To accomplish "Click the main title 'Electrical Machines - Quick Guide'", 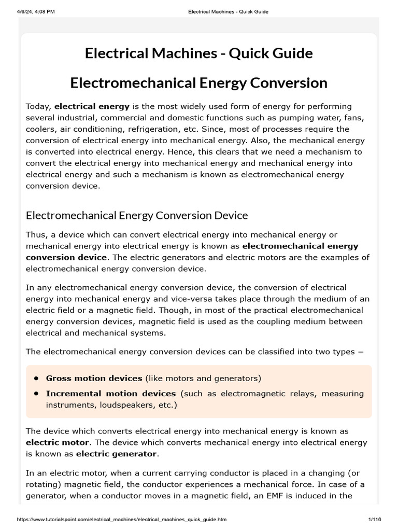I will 198,54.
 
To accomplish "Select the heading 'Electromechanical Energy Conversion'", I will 198,82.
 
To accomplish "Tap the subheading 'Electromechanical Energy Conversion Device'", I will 137,215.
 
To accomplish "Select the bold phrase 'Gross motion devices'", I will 94,378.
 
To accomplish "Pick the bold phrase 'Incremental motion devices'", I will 111,393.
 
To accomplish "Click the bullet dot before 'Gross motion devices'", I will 36,378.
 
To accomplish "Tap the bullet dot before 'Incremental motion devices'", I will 36,393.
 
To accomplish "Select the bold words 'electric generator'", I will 116,454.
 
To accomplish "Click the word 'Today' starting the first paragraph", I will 38,106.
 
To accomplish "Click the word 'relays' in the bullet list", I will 300,393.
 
